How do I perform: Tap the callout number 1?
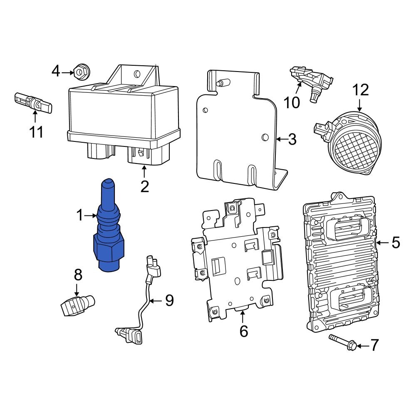pos(80,215)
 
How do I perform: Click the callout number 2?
pos(144,186)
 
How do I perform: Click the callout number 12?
pos(361,90)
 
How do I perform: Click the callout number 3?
pos(292,140)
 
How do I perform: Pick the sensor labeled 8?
pos(77,306)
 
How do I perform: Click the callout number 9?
pos(169,300)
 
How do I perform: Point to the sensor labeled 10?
pos(312,81)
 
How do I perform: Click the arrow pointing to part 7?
pos(362,345)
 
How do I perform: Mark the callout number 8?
pos(78,275)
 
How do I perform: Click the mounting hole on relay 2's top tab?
pos(135,74)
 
